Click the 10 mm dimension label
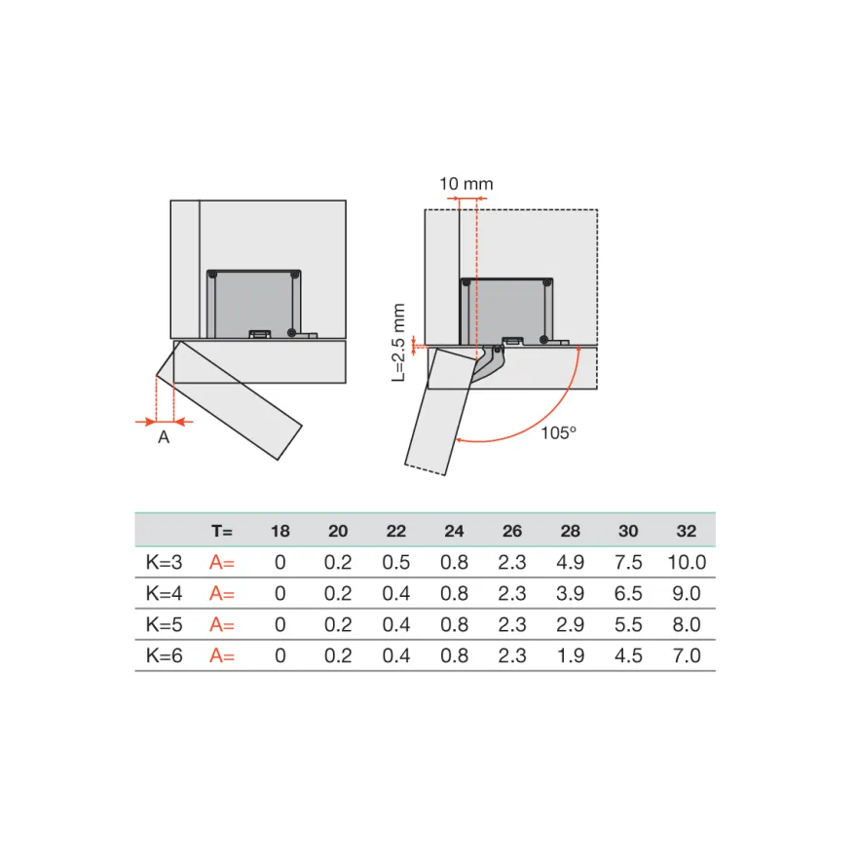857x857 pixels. [466, 184]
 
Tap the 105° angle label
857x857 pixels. [558, 432]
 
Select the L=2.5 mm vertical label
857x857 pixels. [399, 342]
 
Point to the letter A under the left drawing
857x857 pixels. [164, 437]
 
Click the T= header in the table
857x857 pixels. [222, 532]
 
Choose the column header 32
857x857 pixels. [687, 532]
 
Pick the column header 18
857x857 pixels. [280, 532]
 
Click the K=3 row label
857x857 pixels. [164, 563]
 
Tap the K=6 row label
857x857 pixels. [164, 655]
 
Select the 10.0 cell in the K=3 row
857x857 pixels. [687, 563]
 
